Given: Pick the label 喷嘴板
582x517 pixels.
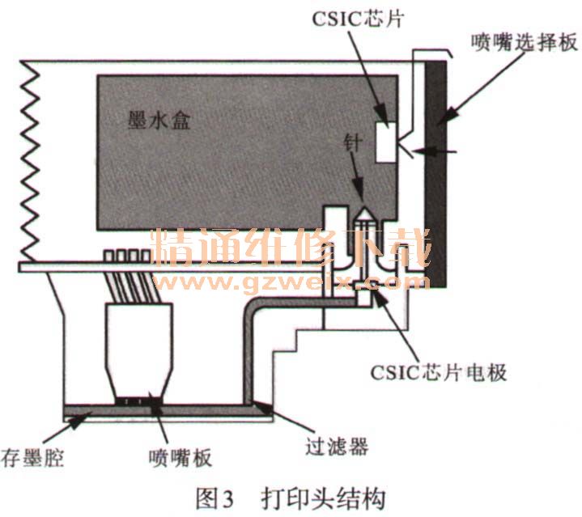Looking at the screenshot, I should pyautogui.click(x=181, y=458).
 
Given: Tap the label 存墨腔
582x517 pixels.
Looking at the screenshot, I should pyautogui.click(x=32, y=459).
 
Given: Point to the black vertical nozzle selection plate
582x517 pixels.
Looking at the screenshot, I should pyautogui.click(x=438, y=170).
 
